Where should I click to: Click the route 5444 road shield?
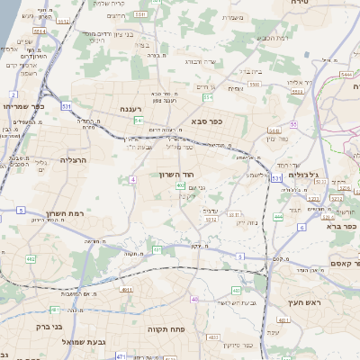[x=347, y=76]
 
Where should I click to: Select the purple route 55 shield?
[x=293, y=124]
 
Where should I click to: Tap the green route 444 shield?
[x=278, y=217]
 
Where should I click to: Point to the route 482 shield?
[x=30, y=259]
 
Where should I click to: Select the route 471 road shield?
[x=121, y=356]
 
